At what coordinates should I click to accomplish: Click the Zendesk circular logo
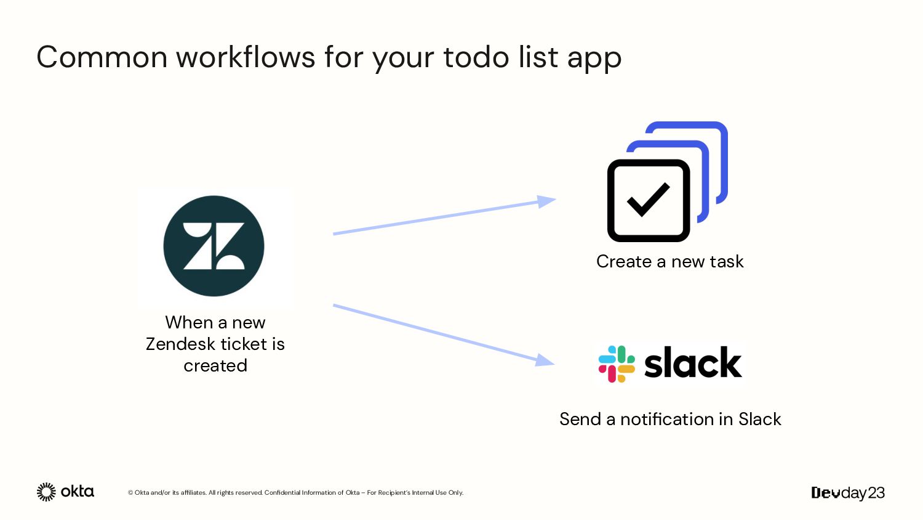[x=214, y=246]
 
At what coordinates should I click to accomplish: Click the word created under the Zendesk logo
[x=215, y=365]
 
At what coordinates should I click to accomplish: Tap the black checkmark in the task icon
[x=648, y=200]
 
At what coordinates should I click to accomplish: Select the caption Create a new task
[x=669, y=261]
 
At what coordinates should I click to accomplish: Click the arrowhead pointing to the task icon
[x=546, y=201]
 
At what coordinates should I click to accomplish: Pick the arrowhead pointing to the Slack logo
[x=545, y=360]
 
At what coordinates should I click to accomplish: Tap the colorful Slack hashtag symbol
[x=617, y=364]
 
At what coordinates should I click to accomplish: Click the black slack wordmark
[x=693, y=362]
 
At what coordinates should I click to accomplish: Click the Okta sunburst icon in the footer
[x=46, y=492]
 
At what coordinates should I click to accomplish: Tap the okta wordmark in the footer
[x=78, y=492]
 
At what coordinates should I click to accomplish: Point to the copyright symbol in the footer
[x=130, y=493]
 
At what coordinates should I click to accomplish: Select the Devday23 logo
[x=848, y=493]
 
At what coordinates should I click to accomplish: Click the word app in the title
[x=594, y=59]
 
